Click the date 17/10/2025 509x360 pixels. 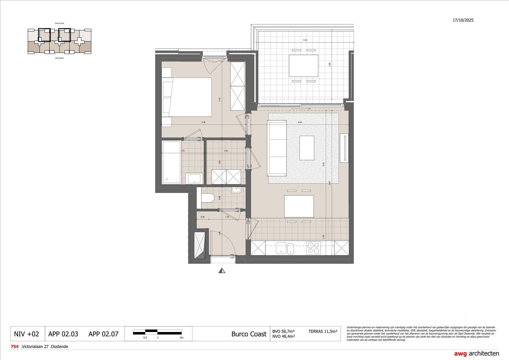coord(463,20)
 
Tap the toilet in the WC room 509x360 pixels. coord(208,198)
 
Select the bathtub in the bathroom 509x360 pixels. coord(171,162)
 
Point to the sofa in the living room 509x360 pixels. coord(277,148)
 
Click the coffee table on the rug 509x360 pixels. coord(306,148)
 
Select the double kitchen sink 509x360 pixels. coord(285,248)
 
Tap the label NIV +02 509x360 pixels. coord(26,334)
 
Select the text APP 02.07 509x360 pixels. coord(103,334)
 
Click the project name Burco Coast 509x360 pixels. coord(249,334)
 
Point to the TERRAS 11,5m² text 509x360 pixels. coord(323,331)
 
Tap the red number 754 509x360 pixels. coord(15,347)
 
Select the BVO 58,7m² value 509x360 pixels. coord(283,331)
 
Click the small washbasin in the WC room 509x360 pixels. coord(236,190)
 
